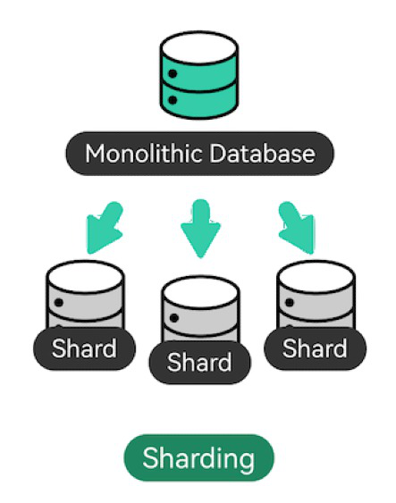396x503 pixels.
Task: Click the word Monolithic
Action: pyautogui.click(x=143, y=154)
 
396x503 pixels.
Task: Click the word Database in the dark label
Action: pyautogui.click(x=262, y=154)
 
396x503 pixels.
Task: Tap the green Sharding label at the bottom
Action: pyautogui.click(x=199, y=457)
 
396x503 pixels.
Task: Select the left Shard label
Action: pyautogui.click(x=84, y=348)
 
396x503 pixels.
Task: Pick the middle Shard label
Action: pyautogui.click(x=199, y=363)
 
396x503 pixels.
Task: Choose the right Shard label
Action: pyautogui.click(x=315, y=348)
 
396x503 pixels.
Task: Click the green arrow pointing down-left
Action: pyautogui.click(x=105, y=227)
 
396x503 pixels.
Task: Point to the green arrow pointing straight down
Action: pyautogui.click(x=200, y=228)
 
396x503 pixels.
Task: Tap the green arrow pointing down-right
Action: pyautogui.click(x=296, y=227)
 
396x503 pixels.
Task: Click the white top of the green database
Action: pyautogui.click(x=199, y=47)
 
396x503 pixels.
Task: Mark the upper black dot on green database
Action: pyautogui.click(x=173, y=74)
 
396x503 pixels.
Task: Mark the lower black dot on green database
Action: pyautogui.click(x=173, y=100)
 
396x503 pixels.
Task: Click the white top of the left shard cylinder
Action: pyautogui.click(x=85, y=277)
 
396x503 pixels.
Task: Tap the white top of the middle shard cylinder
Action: pyautogui.click(x=200, y=292)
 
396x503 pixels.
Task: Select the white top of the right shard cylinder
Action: pyautogui.click(x=316, y=277)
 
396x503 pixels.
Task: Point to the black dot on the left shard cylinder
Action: pyautogui.click(x=59, y=303)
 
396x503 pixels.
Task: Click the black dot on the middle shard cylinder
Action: pyautogui.click(x=174, y=318)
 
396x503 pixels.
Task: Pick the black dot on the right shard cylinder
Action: pyautogui.click(x=290, y=303)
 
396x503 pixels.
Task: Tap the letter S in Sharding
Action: pyautogui.click(x=152, y=457)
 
